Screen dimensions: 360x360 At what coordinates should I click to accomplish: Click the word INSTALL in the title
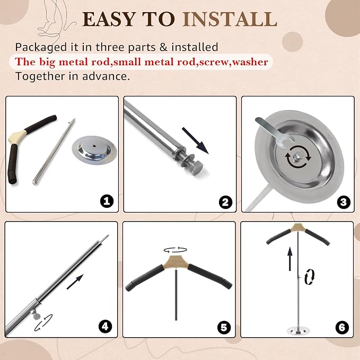coord(230,19)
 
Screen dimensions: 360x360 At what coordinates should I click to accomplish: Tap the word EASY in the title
coord(109,19)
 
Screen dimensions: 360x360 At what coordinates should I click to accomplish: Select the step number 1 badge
coord(107,201)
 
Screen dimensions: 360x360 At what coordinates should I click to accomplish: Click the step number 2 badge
coord(225,202)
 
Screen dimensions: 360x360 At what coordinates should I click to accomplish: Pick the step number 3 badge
coord(343,202)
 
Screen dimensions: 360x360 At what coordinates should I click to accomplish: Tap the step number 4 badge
coord(105,326)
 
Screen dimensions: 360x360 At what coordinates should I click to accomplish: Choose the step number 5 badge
coord(224,328)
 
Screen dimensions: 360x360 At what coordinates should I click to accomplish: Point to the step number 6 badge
coord(342,328)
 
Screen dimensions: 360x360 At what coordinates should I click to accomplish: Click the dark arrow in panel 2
coord(195,141)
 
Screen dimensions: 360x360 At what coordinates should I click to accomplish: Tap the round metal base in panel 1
coord(94,150)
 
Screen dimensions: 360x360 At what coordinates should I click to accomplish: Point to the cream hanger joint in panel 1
coord(17,137)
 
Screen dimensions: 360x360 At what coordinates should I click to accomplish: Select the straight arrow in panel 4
coord(75,282)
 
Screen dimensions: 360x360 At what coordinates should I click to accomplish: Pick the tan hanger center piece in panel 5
coord(175,262)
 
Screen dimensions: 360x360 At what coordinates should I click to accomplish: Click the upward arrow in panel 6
coord(290,259)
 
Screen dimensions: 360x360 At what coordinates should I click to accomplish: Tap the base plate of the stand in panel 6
coord(298,331)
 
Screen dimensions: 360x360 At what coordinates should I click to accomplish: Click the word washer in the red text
coord(250,62)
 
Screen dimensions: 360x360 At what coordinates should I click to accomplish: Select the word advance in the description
coord(106,76)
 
